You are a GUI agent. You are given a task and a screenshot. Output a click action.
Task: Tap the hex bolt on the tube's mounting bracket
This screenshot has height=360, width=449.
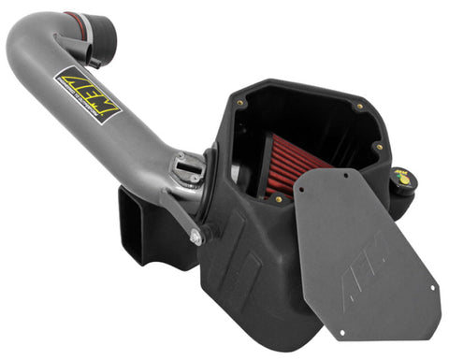[x=196, y=238]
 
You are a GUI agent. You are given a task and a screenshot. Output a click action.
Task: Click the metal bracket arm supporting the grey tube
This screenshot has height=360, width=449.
[x=183, y=211]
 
